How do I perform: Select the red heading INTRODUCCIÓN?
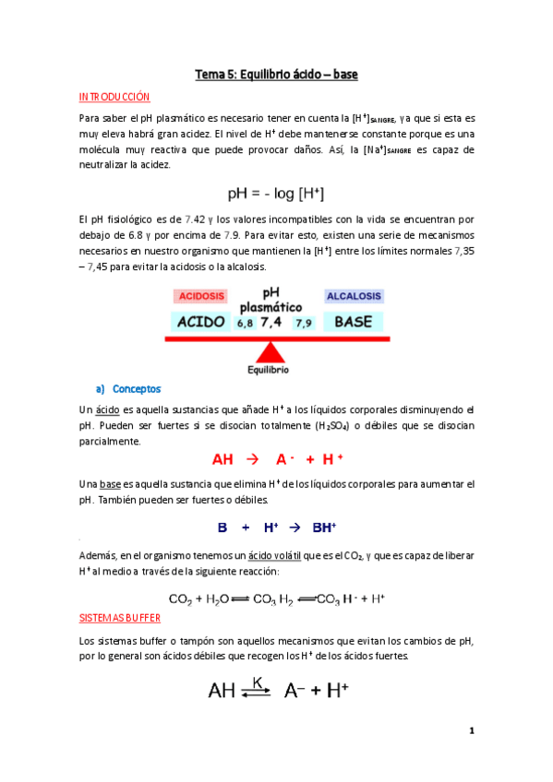pyautogui.click(x=114, y=97)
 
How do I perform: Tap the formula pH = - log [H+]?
pyautogui.click(x=276, y=194)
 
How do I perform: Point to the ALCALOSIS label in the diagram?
pyautogui.click(x=354, y=297)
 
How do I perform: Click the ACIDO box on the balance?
pyautogui.click(x=200, y=322)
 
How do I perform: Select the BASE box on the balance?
pyautogui.click(x=353, y=322)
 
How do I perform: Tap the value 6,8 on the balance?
pyautogui.click(x=244, y=324)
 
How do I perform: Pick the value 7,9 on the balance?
pyautogui.click(x=303, y=324)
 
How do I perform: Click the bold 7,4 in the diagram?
pyautogui.click(x=271, y=322)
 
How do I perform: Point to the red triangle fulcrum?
pyautogui.click(x=270, y=352)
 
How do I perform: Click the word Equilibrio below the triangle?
pyautogui.click(x=269, y=370)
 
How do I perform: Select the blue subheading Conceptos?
pyautogui.click(x=136, y=388)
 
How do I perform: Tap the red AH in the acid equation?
pyautogui.click(x=222, y=459)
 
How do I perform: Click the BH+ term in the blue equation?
pyautogui.click(x=324, y=528)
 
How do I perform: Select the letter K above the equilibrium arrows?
pyautogui.click(x=258, y=681)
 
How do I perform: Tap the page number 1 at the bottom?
pyautogui.click(x=471, y=731)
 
